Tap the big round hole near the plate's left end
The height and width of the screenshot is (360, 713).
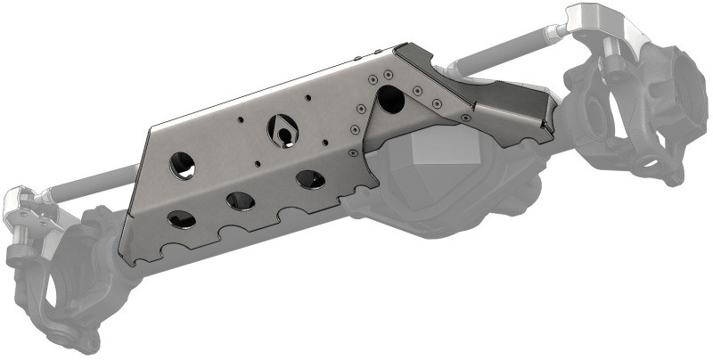(183, 164)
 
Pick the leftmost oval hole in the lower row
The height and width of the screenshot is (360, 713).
(181, 218)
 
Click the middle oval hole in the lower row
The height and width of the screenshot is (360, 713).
(241, 200)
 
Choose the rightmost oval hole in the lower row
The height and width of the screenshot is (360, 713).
(310, 179)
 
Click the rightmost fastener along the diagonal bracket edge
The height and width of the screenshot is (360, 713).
(465, 116)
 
